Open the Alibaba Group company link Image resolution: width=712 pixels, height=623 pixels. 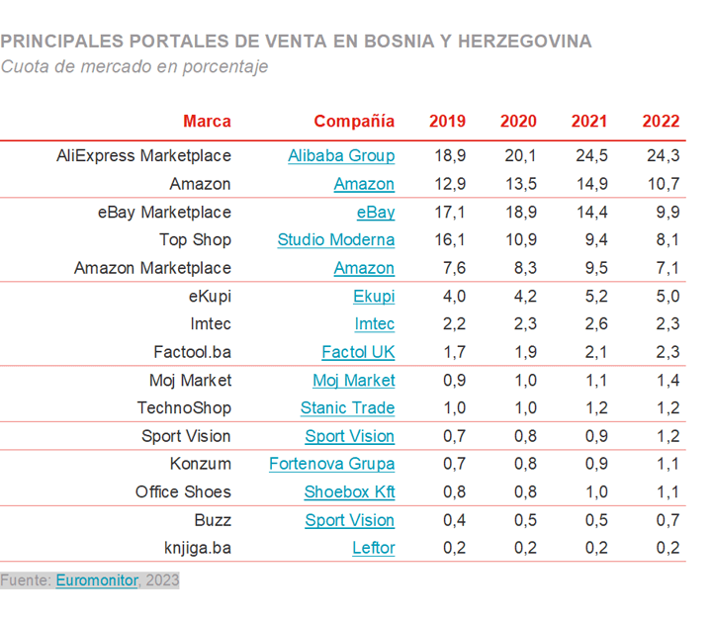point(341,155)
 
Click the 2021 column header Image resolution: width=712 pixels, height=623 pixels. point(589,121)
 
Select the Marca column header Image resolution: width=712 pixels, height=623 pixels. point(207,121)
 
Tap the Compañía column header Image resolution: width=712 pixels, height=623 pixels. point(354,121)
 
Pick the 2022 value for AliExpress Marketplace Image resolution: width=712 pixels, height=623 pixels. point(661,155)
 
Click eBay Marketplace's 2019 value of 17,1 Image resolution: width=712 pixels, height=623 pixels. point(448,212)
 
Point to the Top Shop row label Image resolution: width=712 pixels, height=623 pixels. point(195,239)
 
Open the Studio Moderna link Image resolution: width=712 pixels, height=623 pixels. point(336,239)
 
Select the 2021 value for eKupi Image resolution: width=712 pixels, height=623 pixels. point(590,296)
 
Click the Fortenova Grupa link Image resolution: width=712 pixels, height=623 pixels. point(332,464)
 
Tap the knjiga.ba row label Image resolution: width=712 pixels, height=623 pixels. point(199,548)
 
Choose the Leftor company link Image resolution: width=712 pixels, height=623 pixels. point(373,548)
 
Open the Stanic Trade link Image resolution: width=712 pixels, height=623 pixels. point(347,407)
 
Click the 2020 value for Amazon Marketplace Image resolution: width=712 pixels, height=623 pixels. point(519,268)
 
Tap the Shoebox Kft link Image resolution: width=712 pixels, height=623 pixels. point(349,491)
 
